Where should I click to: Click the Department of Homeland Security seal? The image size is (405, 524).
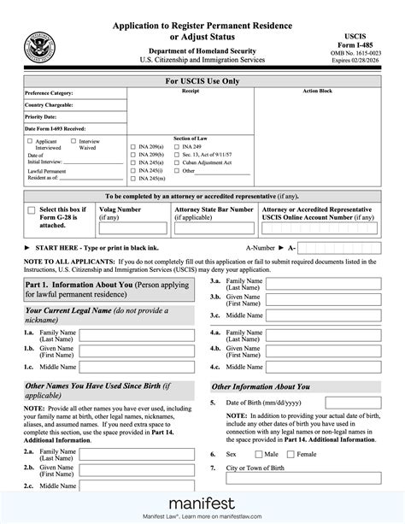click(x=38, y=44)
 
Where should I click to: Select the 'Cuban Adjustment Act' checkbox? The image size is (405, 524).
click(x=176, y=161)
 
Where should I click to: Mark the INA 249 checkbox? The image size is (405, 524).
click(x=176, y=145)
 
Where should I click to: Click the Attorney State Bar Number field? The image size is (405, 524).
click(x=213, y=227)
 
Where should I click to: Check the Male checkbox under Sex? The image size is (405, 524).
click(x=259, y=454)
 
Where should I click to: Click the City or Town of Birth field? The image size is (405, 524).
click(x=302, y=484)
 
